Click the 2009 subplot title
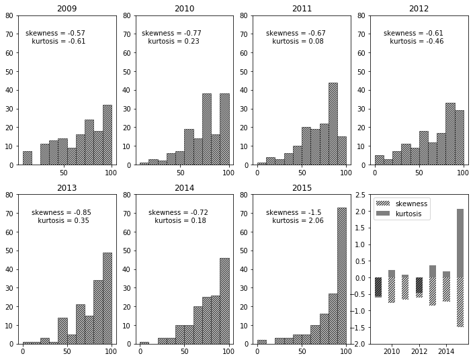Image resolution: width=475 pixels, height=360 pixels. tap(67, 9)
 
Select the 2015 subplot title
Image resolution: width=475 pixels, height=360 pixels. tap(302, 188)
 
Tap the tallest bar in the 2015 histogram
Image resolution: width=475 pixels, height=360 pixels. tap(342, 275)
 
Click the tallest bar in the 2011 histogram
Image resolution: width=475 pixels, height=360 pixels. tap(333, 124)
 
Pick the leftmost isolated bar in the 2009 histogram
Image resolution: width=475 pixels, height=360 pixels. tap(27, 158)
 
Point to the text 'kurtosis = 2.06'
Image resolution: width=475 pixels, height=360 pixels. tap(298, 221)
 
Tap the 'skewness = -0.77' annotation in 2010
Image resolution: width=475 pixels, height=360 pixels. tap(171, 34)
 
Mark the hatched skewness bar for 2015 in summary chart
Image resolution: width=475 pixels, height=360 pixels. tap(460, 302)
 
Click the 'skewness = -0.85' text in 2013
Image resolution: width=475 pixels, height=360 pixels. tap(61, 213)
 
